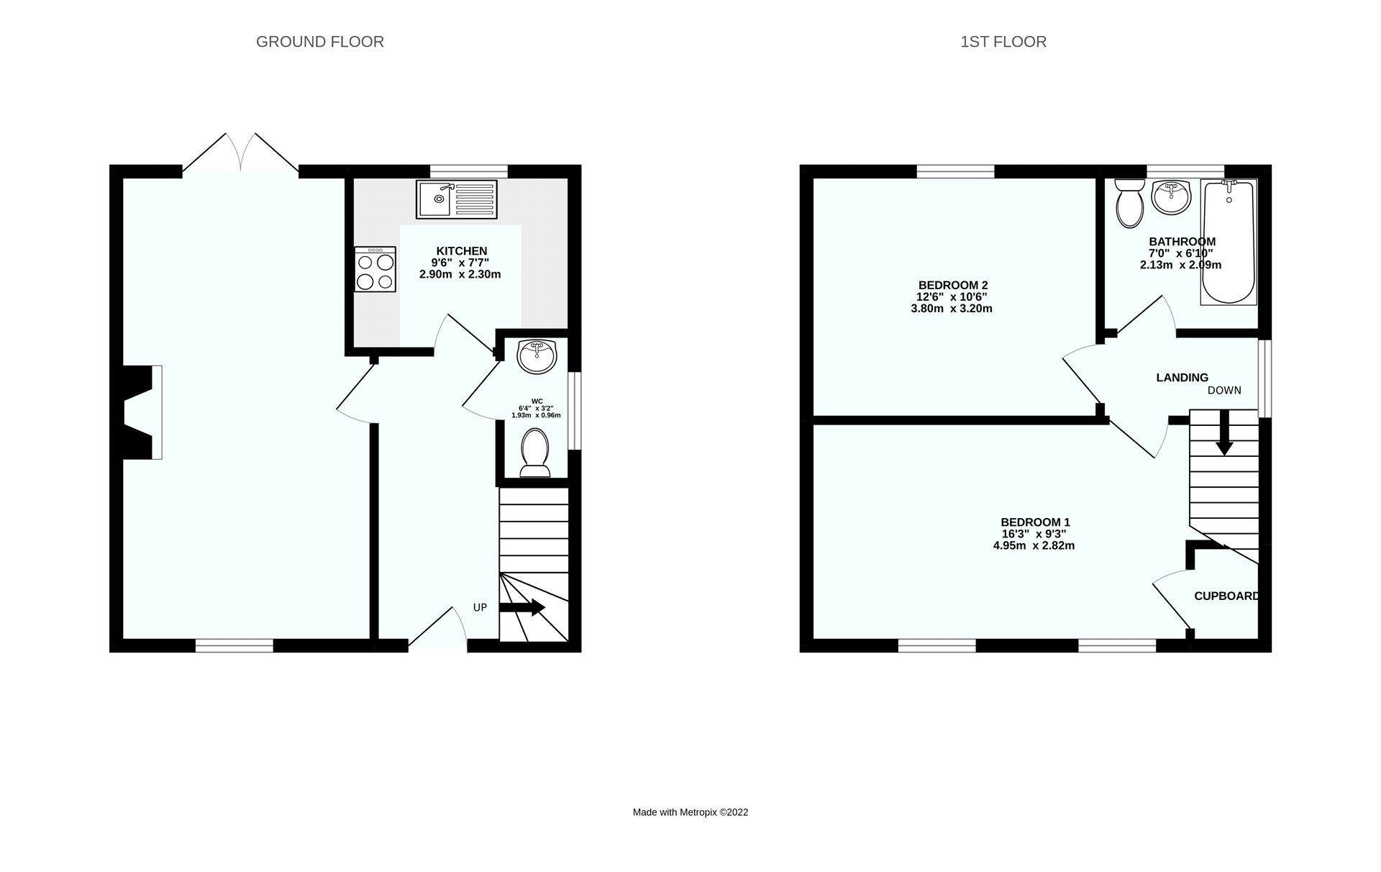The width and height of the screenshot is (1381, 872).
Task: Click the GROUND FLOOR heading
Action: click(319, 42)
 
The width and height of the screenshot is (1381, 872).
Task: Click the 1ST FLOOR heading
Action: click(1003, 42)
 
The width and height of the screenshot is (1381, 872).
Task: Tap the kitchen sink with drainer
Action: click(456, 199)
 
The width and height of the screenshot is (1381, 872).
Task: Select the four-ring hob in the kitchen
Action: click(375, 269)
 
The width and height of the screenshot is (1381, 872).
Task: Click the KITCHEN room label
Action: click(461, 251)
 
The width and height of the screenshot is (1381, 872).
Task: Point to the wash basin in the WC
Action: click(537, 356)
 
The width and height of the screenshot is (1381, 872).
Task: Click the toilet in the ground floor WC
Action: click(534, 453)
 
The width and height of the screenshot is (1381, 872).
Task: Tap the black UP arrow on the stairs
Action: click(522, 608)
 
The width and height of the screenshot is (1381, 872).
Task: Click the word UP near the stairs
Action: click(480, 607)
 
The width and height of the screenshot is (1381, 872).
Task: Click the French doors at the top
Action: click(240, 153)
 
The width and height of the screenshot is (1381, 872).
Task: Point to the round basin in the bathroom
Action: click(1171, 196)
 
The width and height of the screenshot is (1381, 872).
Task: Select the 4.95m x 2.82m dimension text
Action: click(1034, 545)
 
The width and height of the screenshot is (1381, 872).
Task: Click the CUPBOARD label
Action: click(1226, 596)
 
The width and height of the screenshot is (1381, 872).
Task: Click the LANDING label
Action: click(1182, 377)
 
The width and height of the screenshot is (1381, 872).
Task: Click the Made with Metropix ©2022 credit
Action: click(690, 812)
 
